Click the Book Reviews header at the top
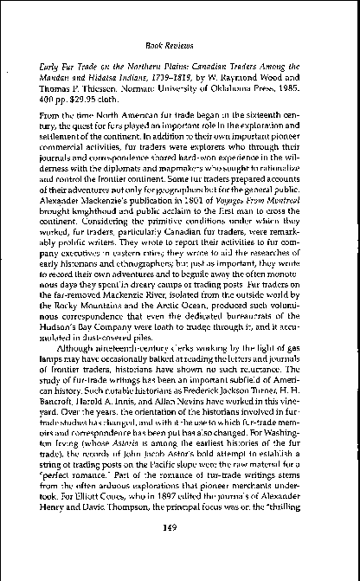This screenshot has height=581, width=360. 180,41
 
